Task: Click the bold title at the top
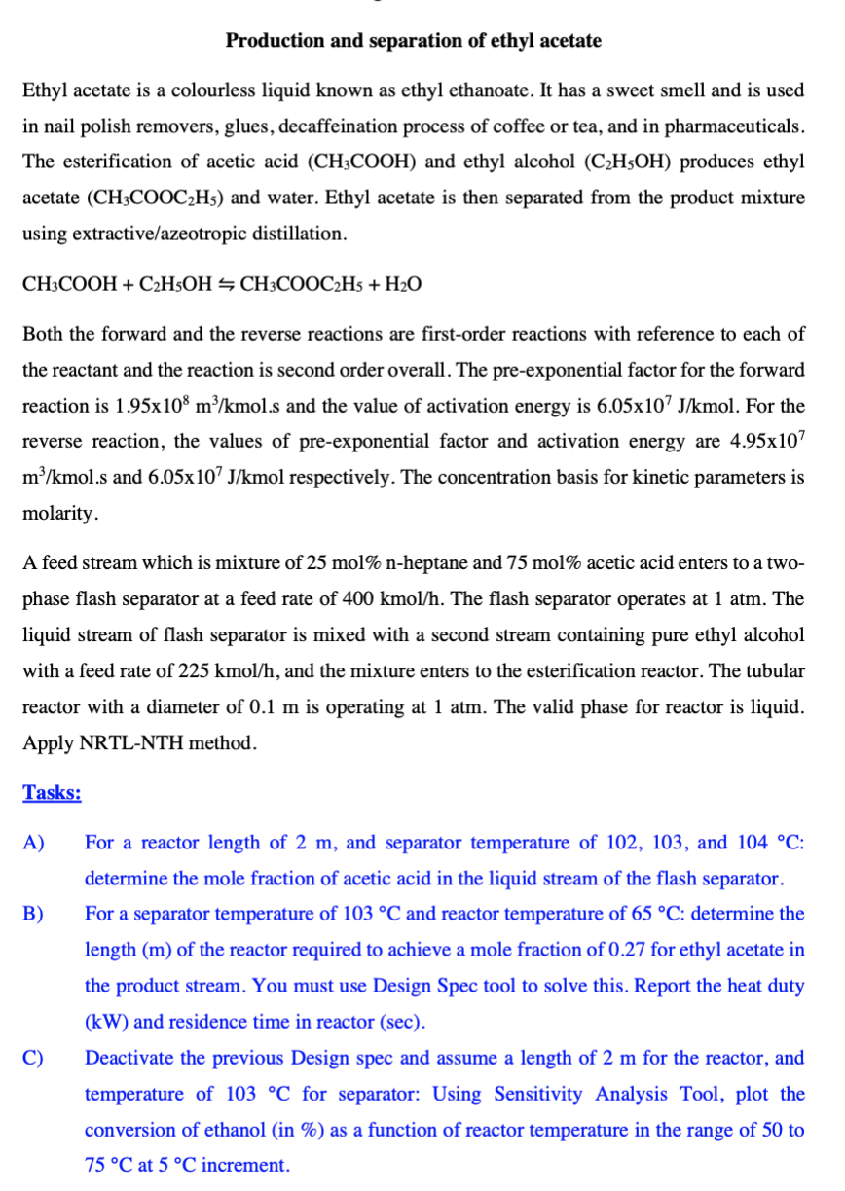[x=413, y=41]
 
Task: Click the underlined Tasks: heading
[x=52, y=792]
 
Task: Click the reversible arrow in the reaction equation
[x=226, y=285]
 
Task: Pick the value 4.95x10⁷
[x=766, y=442]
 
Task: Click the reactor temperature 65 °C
[x=657, y=914]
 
